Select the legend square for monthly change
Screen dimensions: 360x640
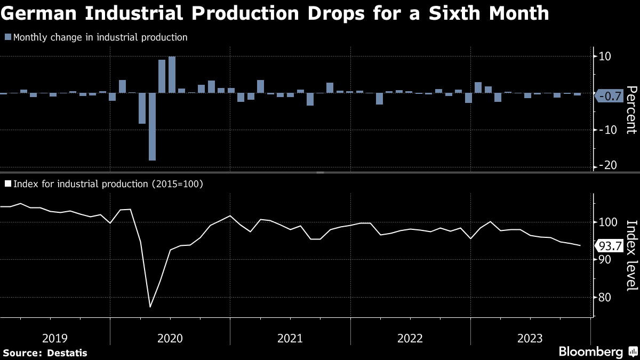pos(7,37)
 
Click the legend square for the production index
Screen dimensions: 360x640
pos(7,183)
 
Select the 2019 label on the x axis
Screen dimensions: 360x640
pos(54,338)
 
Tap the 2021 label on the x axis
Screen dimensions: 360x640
pos(290,338)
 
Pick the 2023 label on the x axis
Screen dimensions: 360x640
pos(530,338)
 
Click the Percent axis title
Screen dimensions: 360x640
pos(631,109)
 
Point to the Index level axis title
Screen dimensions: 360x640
pos(631,255)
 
